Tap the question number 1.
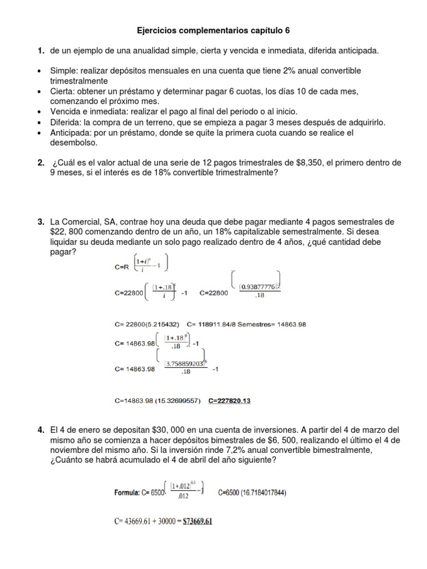(41, 51)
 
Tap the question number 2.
(41, 163)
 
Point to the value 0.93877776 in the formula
(257, 287)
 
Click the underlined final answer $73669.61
(195, 522)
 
